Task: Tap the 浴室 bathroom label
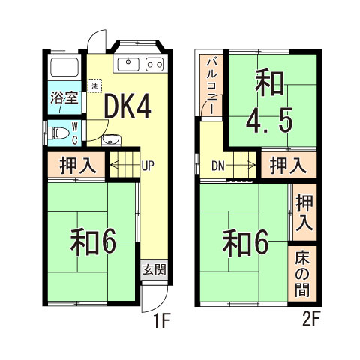(x=64, y=97)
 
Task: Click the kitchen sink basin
(x=129, y=64)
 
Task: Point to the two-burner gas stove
(x=154, y=64)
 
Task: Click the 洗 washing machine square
(x=94, y=86)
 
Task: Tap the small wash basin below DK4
(x=109, y=139)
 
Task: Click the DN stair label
(x=217, y=165)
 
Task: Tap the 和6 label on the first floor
(x=92, y=241)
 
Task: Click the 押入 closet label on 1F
(x=77, y=166)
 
